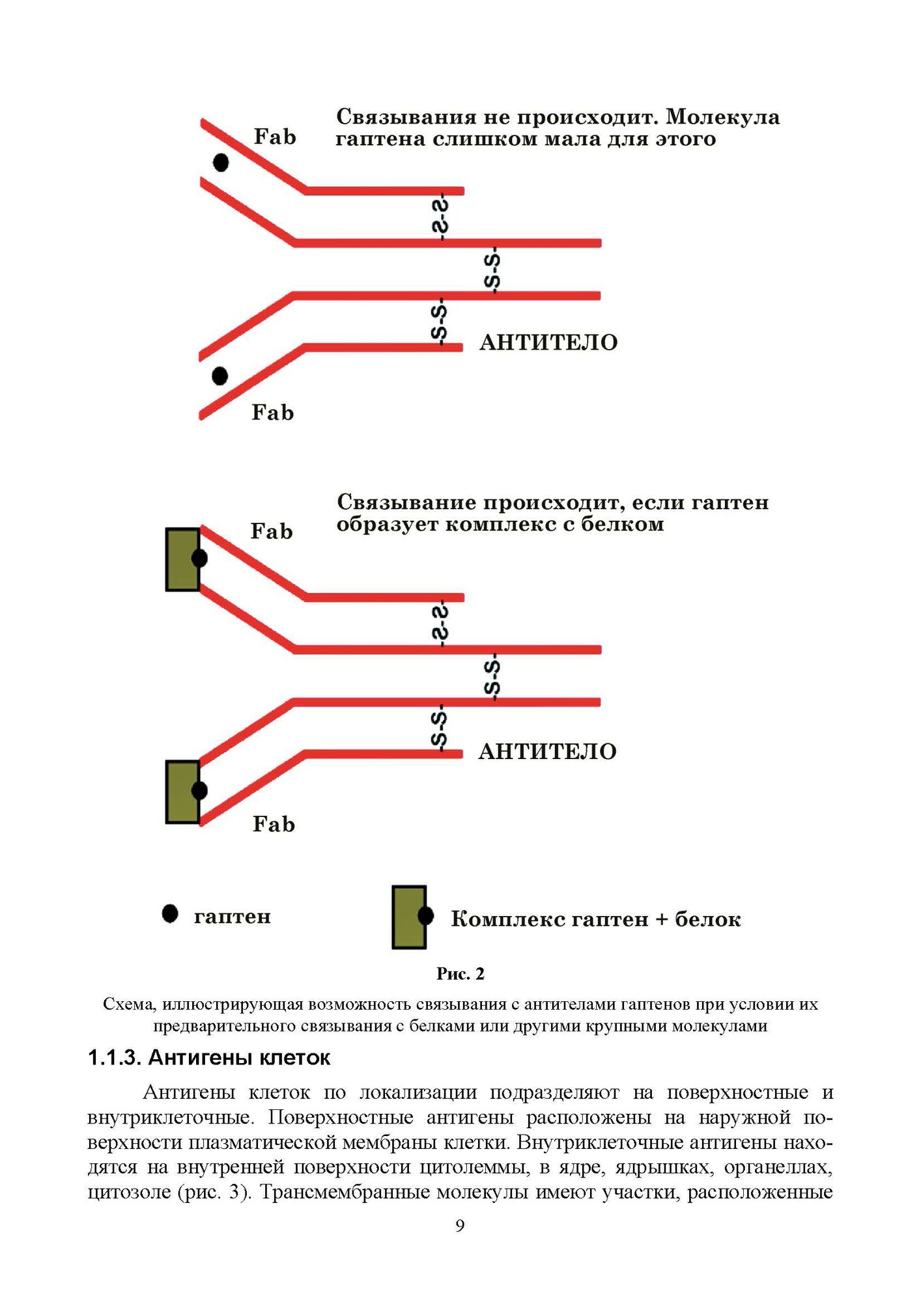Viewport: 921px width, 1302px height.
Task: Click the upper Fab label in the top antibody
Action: click(x=275, y=137)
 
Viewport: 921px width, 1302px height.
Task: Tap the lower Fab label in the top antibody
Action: click(x=273, y=413)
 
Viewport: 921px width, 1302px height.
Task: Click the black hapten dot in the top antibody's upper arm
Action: click(x=221, y=162)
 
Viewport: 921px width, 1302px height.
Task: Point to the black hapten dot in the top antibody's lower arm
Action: click(x=220, y=376)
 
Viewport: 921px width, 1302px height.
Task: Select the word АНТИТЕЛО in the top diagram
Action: click(x=548, y=342)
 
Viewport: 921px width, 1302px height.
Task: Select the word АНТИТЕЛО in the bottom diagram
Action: click(x=547, y=751)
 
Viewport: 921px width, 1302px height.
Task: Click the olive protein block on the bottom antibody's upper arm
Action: click(x=182, y=559)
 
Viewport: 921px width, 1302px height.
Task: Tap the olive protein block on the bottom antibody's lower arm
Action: click(x=182, y=792)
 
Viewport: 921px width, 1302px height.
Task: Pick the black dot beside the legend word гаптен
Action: click(x=170, y=914)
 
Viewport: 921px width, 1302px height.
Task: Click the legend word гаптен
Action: click(x=232, y=917)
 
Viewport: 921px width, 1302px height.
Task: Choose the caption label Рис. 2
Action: click(x=460, y=974)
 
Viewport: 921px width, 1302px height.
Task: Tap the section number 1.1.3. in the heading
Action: click(x=114, y=1058)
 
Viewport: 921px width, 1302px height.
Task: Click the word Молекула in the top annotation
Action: click(x=722, y=117)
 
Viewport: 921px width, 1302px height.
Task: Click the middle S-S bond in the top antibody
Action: click(x=493, y=270)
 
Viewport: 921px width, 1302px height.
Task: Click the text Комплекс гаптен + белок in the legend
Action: click(x=595, y=919)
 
